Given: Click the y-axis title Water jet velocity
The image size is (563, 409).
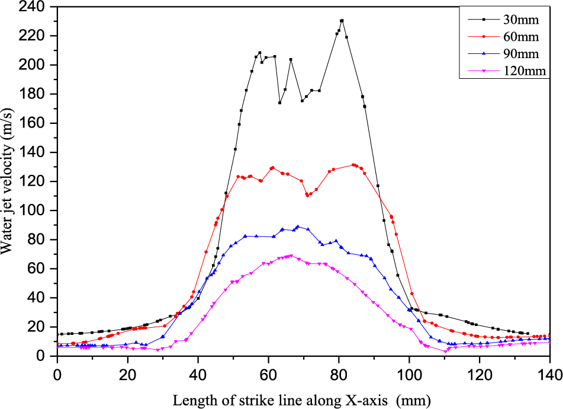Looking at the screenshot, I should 8,181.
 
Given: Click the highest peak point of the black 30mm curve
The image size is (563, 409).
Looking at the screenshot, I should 342,21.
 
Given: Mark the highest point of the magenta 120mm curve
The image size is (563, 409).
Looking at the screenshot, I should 291,255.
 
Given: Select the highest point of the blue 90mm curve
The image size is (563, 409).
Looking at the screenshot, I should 298,226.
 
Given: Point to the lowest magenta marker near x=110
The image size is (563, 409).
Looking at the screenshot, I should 445,352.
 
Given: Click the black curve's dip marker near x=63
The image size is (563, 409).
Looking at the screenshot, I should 279,103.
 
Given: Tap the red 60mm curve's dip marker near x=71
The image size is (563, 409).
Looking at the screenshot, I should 307,194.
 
